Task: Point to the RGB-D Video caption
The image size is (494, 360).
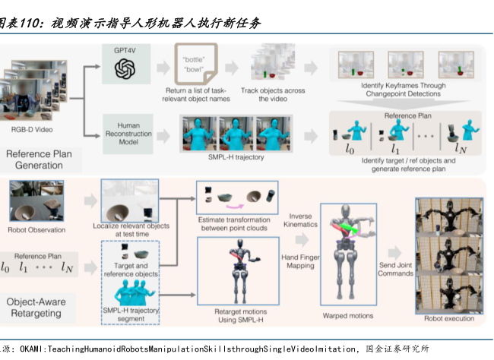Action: tap(32, 130)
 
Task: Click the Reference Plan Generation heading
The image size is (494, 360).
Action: tap(38, 159)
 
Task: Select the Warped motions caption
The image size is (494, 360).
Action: tap(351, 315)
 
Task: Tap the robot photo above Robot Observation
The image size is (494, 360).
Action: tap(36, 202)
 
